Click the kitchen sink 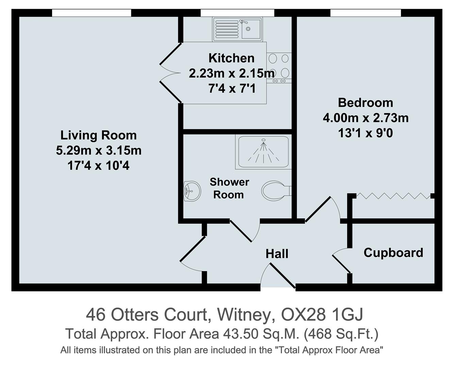point(237,29)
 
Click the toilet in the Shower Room point(275,191)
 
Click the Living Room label point(99,135)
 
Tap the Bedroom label point(365,102)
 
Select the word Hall point(277,254)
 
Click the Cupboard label point(393,252)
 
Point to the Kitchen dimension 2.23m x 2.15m point(231,73)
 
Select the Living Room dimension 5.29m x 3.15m point(99,150)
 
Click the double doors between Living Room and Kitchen point(170,73)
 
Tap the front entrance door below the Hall point(279,275)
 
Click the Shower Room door point(243,231)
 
